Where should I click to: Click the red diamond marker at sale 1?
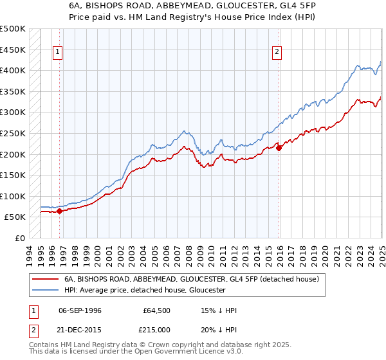[x=59, y=211]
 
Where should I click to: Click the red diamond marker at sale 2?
[x=279, y=148]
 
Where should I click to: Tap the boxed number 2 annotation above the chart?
[x=277, y=53]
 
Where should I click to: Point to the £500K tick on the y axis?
[x=13, y=29]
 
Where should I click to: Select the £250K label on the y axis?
[x=13, y=133]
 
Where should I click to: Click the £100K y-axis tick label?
[x=13, y=196]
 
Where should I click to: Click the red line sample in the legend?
[x=44, y=280]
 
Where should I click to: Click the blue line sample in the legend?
[x=44, y=291]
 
